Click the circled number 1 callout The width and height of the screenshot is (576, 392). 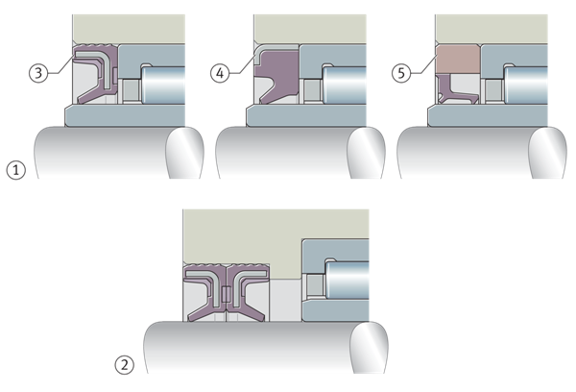coord(15,170)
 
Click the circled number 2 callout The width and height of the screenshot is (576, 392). coord(125,364)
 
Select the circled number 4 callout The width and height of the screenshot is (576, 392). coord(220,73)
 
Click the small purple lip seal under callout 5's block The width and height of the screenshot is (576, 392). coord(456,92)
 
